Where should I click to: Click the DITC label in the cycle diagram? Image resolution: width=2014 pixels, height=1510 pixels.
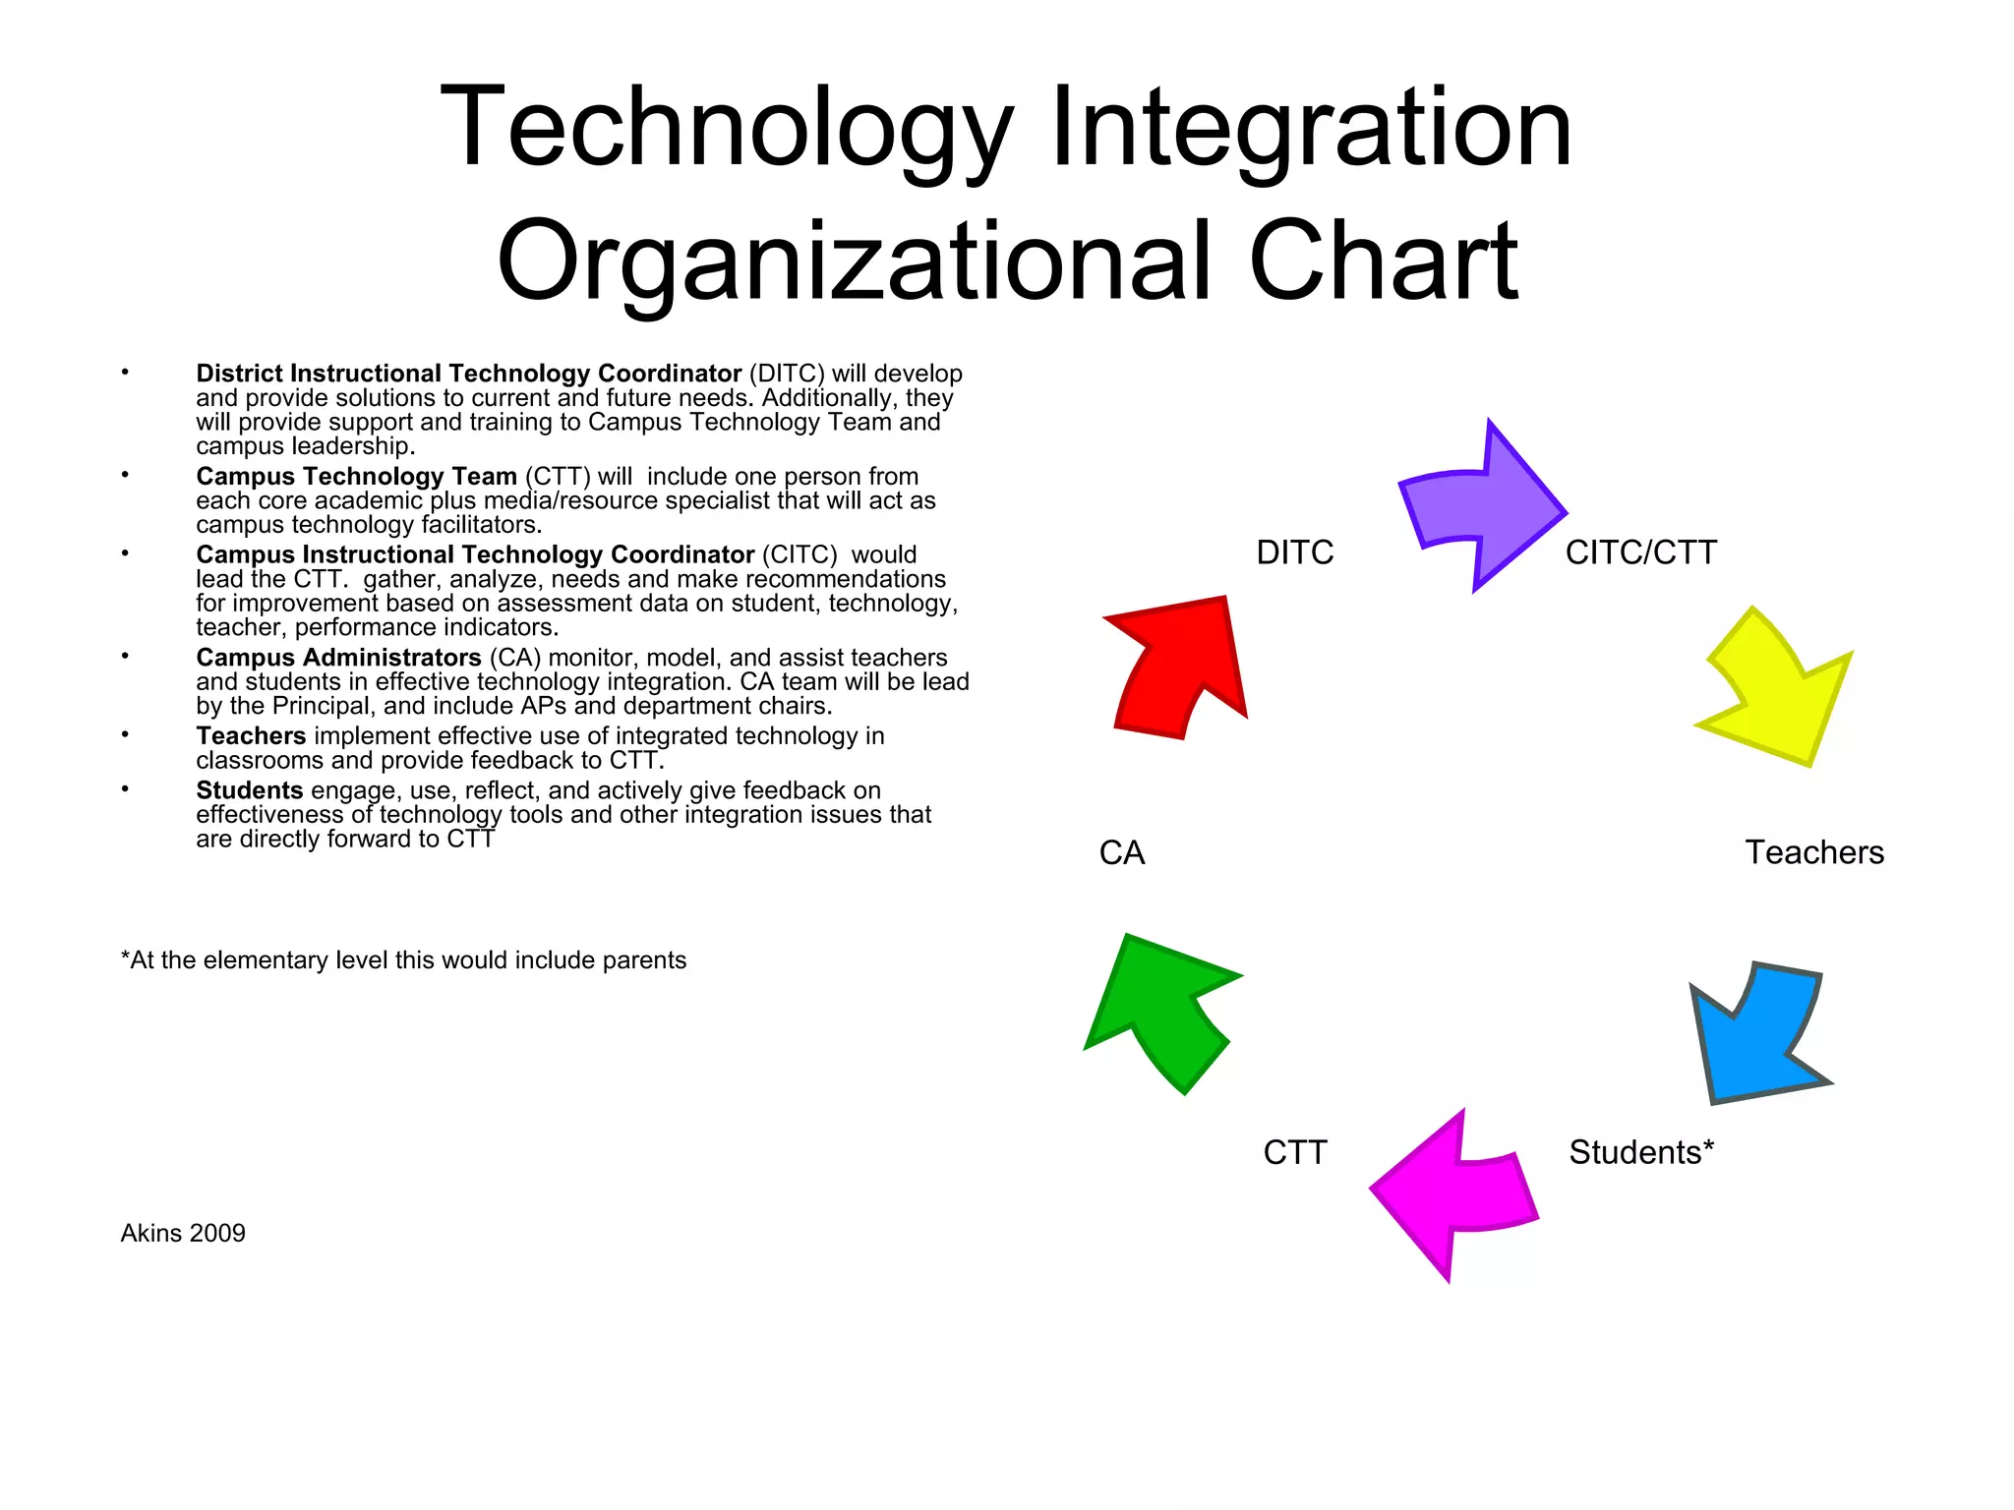tap(1294, 552)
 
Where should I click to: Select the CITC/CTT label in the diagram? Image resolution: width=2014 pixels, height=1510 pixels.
tap(1640, 552)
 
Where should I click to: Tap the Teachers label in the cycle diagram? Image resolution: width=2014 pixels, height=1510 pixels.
tap(1814, 852)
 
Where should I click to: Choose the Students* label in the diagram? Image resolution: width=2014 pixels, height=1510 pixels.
tap(1640, 1152)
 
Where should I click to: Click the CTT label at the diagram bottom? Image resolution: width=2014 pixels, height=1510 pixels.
tap(1294, 1152)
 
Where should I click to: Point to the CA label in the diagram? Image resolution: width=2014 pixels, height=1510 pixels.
tap(1122, 852)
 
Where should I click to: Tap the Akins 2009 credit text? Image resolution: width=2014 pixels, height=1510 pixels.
tap(183, 1233)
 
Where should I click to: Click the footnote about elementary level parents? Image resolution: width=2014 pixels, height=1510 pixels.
tap(403, 959)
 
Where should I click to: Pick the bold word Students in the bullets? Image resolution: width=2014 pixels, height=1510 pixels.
tap(249, 790)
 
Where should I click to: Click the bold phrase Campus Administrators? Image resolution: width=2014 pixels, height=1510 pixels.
tap(338, 658)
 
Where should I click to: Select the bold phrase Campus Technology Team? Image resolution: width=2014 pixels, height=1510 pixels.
tap(356, 477)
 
